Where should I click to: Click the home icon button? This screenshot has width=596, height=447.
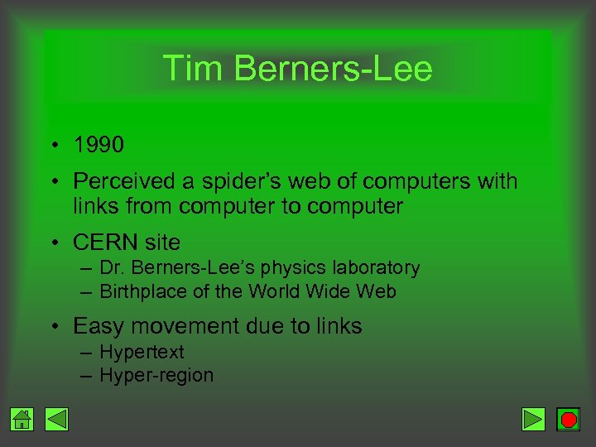point(22,420)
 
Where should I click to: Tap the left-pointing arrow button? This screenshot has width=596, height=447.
point(56,420)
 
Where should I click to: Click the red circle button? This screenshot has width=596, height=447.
point(568,420)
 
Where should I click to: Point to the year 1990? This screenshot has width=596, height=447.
point(99,146)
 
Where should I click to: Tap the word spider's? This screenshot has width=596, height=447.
point(238,181)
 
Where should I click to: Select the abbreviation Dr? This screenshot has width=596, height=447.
point(111,268)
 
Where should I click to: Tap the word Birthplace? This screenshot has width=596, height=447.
point(136,292)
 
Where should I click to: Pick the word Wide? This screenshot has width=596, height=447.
point(329,292)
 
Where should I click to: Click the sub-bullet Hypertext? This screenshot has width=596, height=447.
point(142,352)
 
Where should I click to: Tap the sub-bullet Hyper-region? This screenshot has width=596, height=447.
point(156,376)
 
